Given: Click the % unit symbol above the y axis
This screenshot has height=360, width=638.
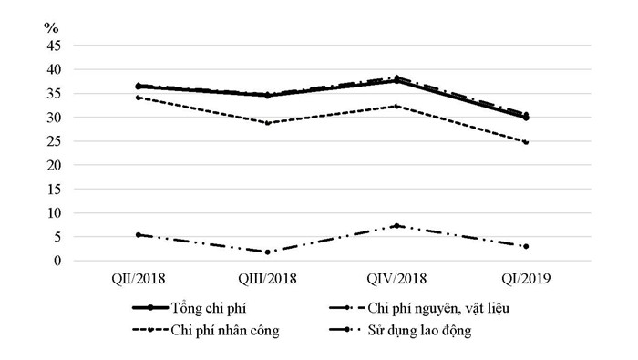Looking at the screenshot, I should click(51, 27).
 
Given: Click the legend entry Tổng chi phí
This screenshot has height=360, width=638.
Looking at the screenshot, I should click(220, 309).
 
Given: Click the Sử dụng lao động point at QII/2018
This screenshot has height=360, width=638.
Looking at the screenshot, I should click(138, 234).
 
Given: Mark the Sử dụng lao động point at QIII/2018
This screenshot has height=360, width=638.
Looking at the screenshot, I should click(267, 252).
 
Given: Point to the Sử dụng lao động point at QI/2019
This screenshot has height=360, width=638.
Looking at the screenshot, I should click(526, 246).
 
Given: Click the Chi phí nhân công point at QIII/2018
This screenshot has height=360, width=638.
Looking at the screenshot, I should click(267, 122).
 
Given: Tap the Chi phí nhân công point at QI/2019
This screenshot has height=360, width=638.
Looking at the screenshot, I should click(526, 142).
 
